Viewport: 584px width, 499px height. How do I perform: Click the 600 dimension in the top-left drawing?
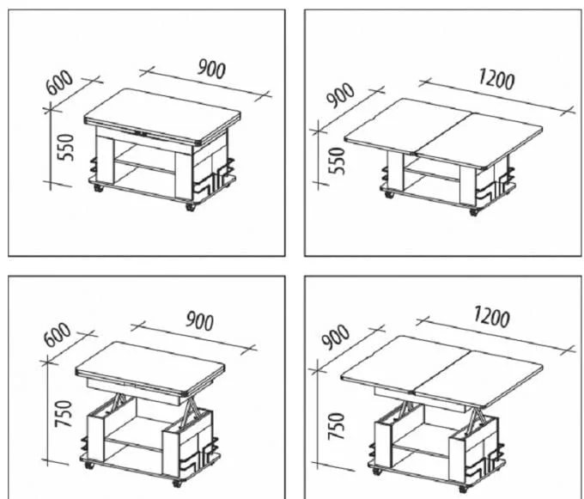59,82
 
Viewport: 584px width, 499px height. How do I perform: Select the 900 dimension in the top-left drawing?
211,69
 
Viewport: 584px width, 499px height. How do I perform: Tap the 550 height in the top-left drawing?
66,148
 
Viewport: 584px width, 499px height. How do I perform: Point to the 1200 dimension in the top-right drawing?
496,79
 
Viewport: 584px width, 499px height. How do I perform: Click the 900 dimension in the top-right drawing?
340,95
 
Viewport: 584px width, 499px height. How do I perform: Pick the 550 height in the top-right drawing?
338,161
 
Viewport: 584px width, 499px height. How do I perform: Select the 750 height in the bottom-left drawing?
63,414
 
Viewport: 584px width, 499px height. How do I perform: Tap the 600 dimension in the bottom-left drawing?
57,335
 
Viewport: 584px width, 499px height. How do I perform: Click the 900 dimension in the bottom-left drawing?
200,321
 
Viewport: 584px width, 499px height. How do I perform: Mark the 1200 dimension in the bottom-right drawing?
491,317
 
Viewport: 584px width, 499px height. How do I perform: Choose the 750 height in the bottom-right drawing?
337,426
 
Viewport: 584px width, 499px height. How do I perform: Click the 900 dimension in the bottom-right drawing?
336,338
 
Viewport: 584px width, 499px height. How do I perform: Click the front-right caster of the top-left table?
191,207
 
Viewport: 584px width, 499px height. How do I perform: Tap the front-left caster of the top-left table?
99,188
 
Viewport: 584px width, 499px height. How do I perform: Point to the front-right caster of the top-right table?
473,212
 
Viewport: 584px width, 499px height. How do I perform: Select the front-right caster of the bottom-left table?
177,483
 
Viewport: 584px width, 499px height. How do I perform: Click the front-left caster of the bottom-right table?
377,471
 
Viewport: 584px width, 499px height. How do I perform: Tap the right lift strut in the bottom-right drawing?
477,417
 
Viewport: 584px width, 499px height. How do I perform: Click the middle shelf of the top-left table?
144,166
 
